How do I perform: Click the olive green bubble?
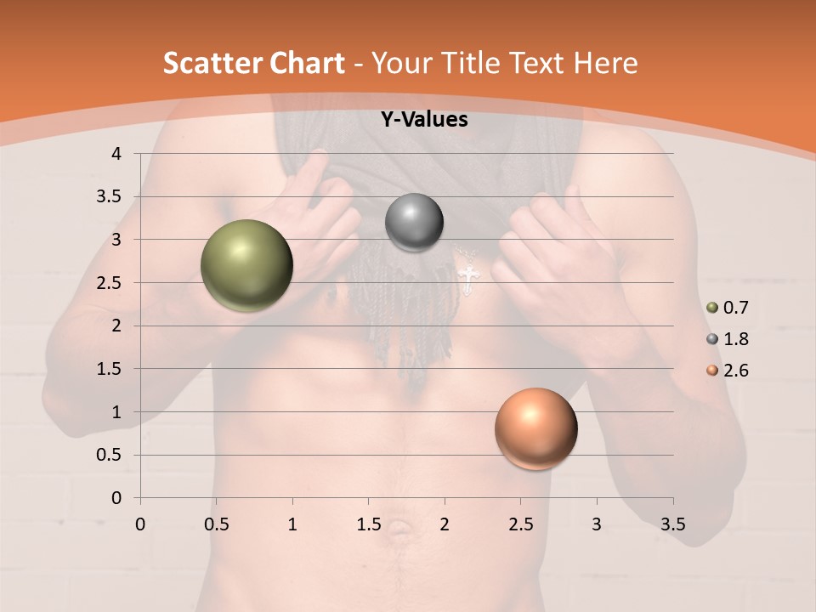[x=247, y=266]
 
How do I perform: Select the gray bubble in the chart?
[x=414, y=223]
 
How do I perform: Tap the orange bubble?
[x=535, y=428]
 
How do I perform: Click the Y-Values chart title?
[x=424, y=120]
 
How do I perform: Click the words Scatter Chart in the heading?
[x=253, y=63]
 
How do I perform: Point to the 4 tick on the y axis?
[x=117, y=154]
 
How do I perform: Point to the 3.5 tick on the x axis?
[x=672, y=524]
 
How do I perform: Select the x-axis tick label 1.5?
[x=369, y=524]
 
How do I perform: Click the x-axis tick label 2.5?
[x=520, y=524]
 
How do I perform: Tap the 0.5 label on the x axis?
[x=217, y=524]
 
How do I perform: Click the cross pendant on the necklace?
[x=467, y=278]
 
